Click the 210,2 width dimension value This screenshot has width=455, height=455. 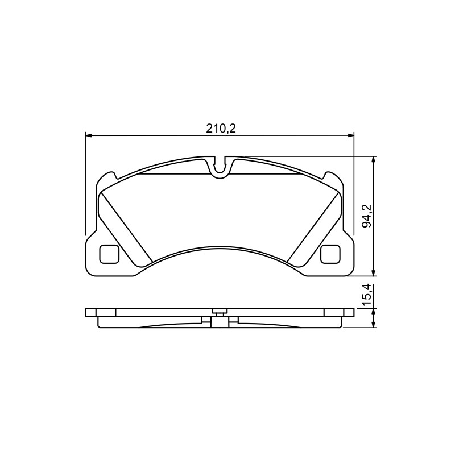(221, 129)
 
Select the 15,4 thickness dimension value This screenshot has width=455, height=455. (367, 295)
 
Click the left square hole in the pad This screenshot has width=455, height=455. (109, 254)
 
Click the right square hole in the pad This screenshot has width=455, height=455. (330, 254)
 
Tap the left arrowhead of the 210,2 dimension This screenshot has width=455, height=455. (89, 135)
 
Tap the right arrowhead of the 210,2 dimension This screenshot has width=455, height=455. (351, 135)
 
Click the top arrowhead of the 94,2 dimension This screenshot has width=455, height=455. (374, 160)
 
